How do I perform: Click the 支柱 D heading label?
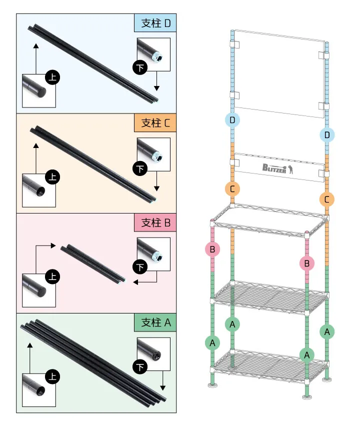pyautogui.click(x=155, y=23)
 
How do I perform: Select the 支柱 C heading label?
pyautogui.click(x=155, y=122)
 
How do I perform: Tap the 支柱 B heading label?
pyautogui.click(x=155, y=222)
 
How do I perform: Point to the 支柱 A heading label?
pyautogui.click(x=155, y=322)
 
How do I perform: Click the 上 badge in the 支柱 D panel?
pyautogui.click(x=52, y=77)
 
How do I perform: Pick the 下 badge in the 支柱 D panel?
pyautogui.click(x=140, y=67)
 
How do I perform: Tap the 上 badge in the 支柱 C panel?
pyautogui.click(x=52, y=177)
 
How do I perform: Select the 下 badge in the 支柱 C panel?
pyautogui.click(x=140, y=168)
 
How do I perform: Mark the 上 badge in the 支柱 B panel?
pyautogui.click(x=52, y=276)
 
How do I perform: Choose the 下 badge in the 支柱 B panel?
pyautogui.click(x=140, y=267)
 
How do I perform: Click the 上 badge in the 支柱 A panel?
pyautogui.click(x=52, y=376)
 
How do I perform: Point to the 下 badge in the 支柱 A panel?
pyautogui.click(x=140, y=366)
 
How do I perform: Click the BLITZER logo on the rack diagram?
pyautogui.click(x=278, y=168)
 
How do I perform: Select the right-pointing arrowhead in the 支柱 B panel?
pyautogui.click(x=53, y=245)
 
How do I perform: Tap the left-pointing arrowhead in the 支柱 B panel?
pyautogui.click(x=135, y=282)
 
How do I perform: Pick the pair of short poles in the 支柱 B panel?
pyautogui.click(x=93, y=264)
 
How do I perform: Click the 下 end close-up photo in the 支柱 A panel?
pyautogui.click(x=153, y=353)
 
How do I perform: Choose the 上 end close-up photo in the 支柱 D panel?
pyautogui.click(x=39, y=90)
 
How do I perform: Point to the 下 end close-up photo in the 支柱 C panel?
pyautogui.click(x=153, y=154)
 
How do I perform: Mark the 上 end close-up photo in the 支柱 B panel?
pyautogui.click(x=39, y=290)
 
